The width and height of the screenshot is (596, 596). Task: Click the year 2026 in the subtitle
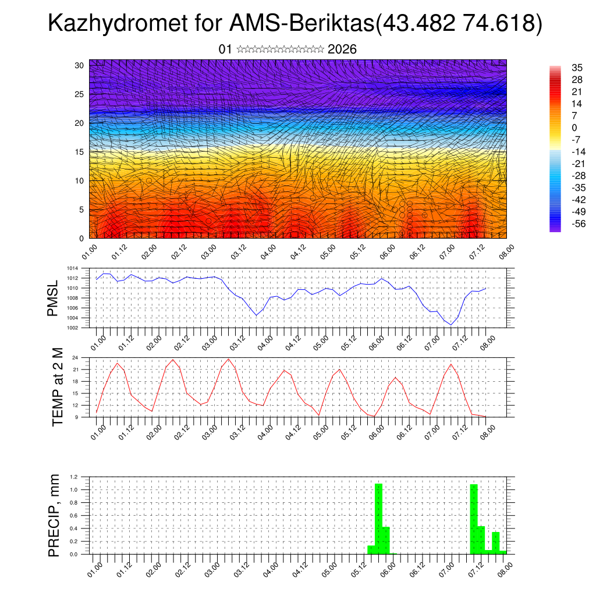[342, 49]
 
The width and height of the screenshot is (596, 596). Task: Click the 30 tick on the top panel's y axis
[79, 65]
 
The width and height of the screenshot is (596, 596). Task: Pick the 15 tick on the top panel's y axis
[79, 152]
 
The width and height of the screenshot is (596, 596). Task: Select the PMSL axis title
[53, 298]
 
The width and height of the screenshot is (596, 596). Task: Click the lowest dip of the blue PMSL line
[451, 325]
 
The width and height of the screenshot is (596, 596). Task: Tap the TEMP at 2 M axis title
[57, 386]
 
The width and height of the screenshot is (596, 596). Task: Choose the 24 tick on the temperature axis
[76, 357]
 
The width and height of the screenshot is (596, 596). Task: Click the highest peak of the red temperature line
[229, 359]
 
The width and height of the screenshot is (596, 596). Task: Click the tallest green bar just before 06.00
[379, 518]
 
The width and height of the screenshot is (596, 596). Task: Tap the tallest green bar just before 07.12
[474, 518]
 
